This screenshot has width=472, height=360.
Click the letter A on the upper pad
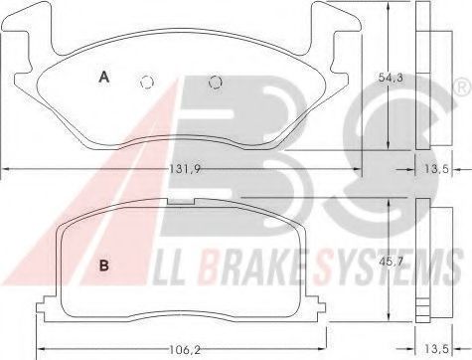(104, 78)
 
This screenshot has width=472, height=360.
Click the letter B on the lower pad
(104, 266)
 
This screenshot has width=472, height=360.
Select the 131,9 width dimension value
(185, 169)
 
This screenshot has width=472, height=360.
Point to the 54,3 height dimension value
(391, 78)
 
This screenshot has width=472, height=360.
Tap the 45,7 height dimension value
(391, 262)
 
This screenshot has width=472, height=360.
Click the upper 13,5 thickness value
(436, 169)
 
